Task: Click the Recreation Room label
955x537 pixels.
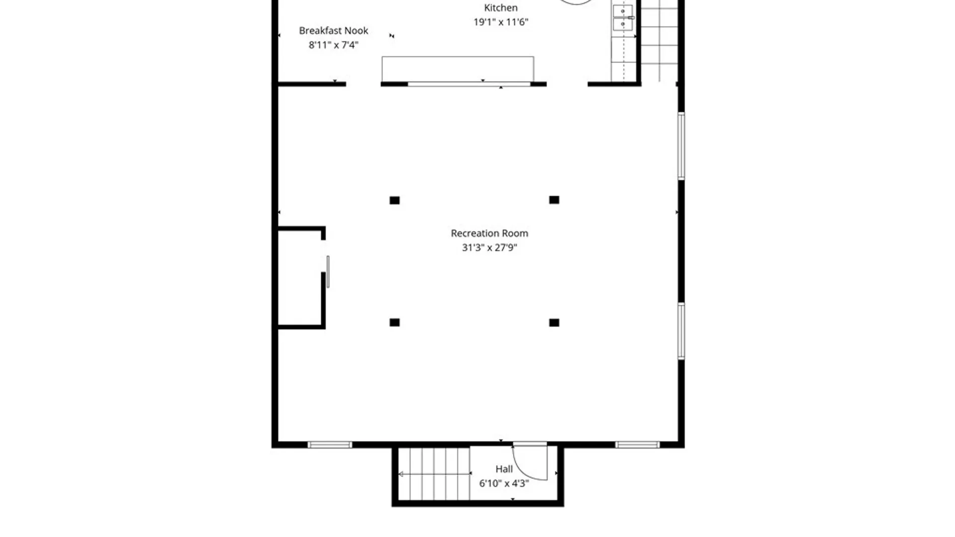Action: point(489,233)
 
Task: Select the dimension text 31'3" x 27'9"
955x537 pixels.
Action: point(489,248)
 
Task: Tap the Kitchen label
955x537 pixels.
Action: point(501,8)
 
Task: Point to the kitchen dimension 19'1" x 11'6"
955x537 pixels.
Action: point(501,22)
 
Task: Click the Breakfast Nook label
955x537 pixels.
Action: point(334,31)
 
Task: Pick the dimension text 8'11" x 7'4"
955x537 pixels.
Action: point(334,45)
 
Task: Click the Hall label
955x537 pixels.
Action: point(504,469)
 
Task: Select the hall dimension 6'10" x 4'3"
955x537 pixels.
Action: point(504,483)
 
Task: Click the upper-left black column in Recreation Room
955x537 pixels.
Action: point(394,200)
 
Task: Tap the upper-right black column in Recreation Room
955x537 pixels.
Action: point(554,200)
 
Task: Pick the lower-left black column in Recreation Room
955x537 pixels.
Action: point(394,323)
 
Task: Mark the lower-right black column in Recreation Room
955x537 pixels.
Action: point(554,323)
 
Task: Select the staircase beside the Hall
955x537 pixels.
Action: point(434,474)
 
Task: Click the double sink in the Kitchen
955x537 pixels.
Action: point(623,18)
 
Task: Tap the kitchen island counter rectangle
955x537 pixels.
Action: point(458,69)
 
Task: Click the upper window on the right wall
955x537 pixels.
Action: point(681,146)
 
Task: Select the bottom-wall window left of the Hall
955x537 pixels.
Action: point(330,445)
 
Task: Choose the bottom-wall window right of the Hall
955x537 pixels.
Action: point(638,445)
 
